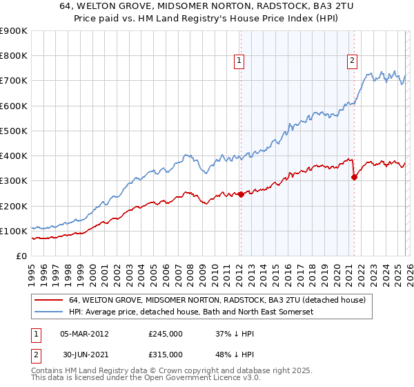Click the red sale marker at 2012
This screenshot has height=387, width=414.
coord(241,195)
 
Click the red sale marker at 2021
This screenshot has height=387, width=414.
coord(354,178)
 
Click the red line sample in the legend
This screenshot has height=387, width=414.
coord(49,301)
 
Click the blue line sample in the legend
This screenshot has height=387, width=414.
coord(49,312)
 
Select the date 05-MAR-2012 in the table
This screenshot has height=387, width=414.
coord(83,333)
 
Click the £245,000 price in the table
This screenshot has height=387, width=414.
coord(165,333)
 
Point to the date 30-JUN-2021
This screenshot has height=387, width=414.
coord(83,354)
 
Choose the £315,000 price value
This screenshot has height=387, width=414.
coord(165,354)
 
